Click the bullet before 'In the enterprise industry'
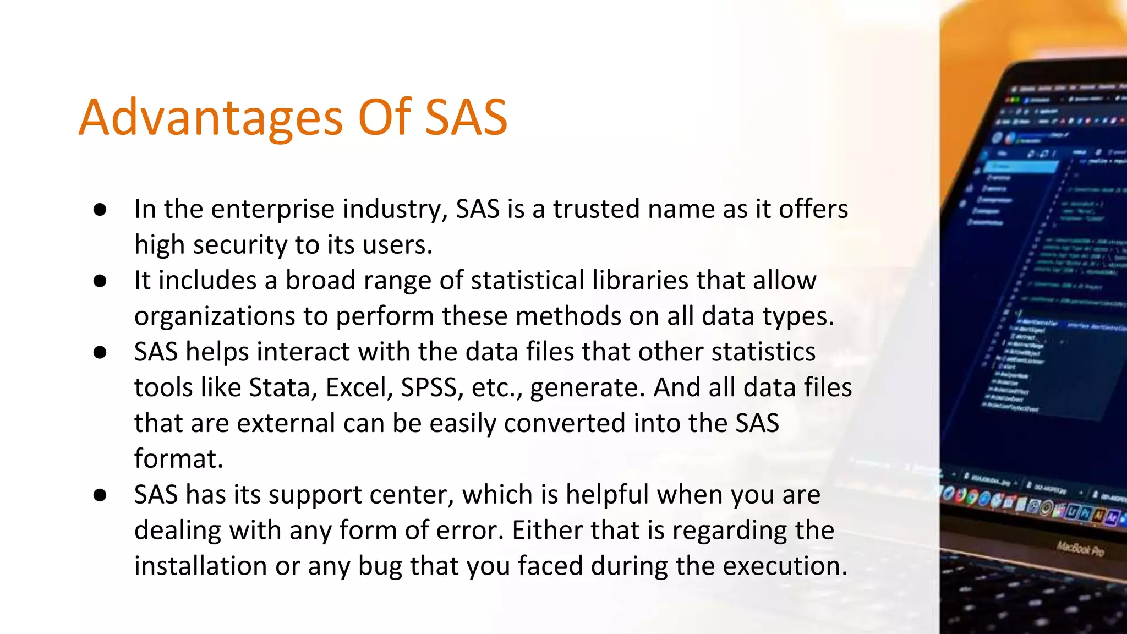click(100, 210)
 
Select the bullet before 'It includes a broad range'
click(100, 281)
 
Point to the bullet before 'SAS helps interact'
click(100, 352)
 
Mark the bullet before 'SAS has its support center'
click(100, 495)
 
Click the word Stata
click(283, 387)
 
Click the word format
click(178, 459)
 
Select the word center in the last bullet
click(412, 495)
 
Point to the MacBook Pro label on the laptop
click(1080, 549)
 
